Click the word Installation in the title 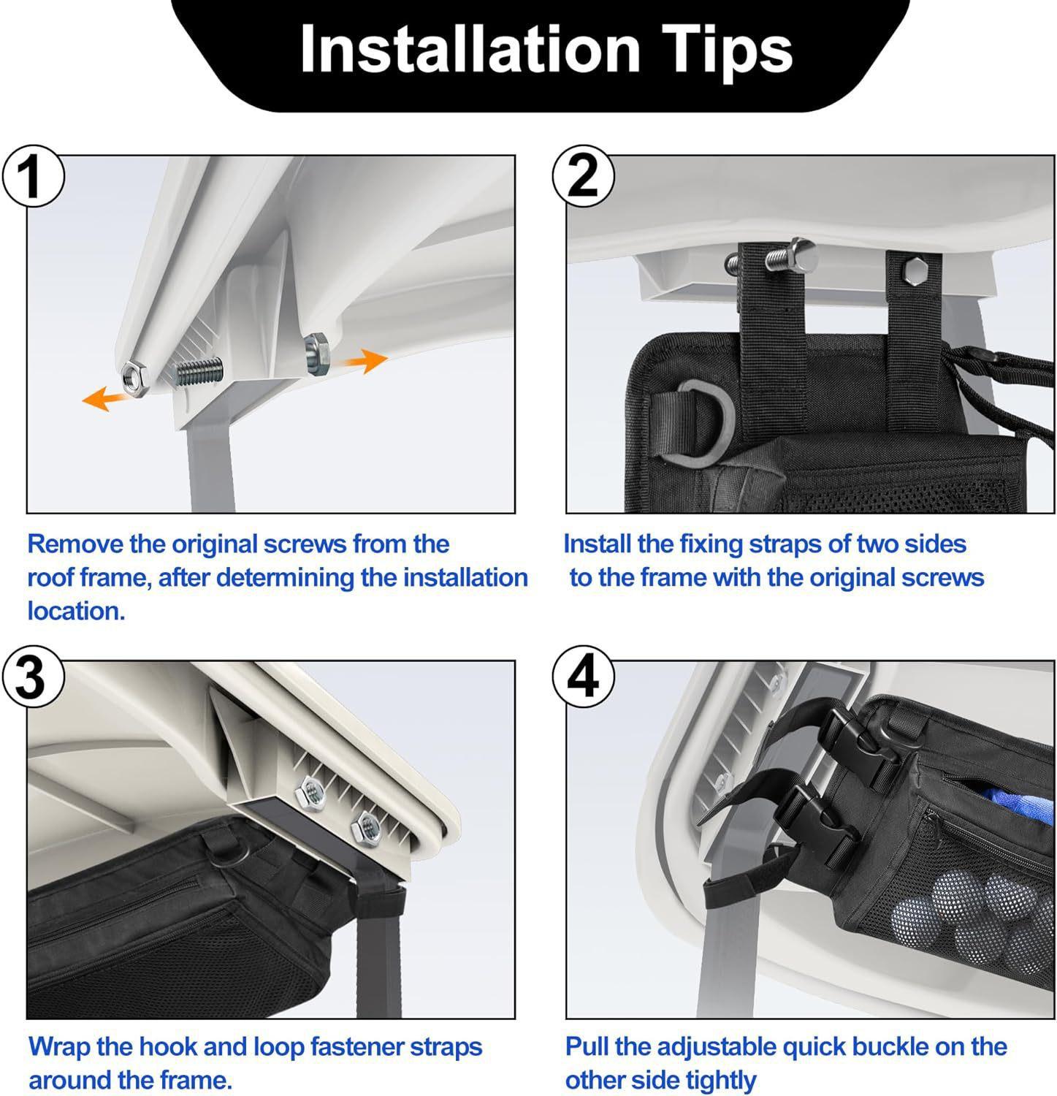[470, 49]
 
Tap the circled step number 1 [31, 177]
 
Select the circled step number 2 [582, 177]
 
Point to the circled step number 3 [31, 678]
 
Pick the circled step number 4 [582, 678]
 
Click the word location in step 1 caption [77, 611]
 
